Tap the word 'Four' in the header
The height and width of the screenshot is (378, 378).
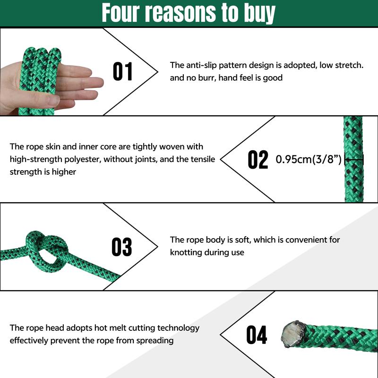(120, 13)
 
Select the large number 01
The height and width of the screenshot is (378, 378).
(123, 71)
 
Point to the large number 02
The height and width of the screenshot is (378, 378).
(258, 159)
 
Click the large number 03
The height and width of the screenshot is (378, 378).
(122, 247)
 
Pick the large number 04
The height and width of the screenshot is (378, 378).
(257, 335)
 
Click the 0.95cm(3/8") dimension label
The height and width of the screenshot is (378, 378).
(309, 159)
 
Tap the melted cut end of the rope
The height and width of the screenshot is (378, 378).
(293, 334)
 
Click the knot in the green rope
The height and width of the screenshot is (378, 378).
(46, 251)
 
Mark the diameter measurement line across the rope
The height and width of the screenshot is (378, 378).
(354, 159)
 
